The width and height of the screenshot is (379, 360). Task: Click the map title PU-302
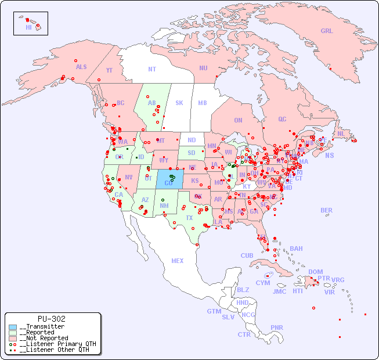[x=52, y=319]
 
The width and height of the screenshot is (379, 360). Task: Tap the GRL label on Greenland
[x=327, y=31]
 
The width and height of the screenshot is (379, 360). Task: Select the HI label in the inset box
[x=28, y=27]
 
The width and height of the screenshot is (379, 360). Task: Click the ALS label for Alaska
[x=81, y=67]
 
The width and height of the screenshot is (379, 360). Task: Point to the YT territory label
[x=109, y=70]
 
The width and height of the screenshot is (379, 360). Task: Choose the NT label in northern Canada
[x=151, y=69]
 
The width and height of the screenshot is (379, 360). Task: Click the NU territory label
[x=203, y=69]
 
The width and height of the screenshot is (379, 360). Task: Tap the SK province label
[x=179, y=103]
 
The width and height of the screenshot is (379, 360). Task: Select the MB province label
[x=202, y=103]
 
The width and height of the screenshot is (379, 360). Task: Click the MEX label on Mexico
[x=177, y=261]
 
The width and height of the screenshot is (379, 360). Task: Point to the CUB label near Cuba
[x=247, y=256]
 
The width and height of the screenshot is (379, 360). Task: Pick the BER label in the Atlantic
[x=326, y=211]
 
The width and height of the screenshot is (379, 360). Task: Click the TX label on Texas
[x=189, y=218]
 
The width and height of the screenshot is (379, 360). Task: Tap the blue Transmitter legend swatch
[x=12, y=327]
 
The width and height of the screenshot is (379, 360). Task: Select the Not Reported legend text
[x=44, y=338]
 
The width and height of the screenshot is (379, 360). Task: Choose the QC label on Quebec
[x=282, y=120]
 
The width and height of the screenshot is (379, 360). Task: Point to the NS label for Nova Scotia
[x=329, y=156]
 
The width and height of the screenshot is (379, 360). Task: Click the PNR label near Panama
[x=277, y=328]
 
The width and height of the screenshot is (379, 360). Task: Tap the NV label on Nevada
[x=128, y=177]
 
